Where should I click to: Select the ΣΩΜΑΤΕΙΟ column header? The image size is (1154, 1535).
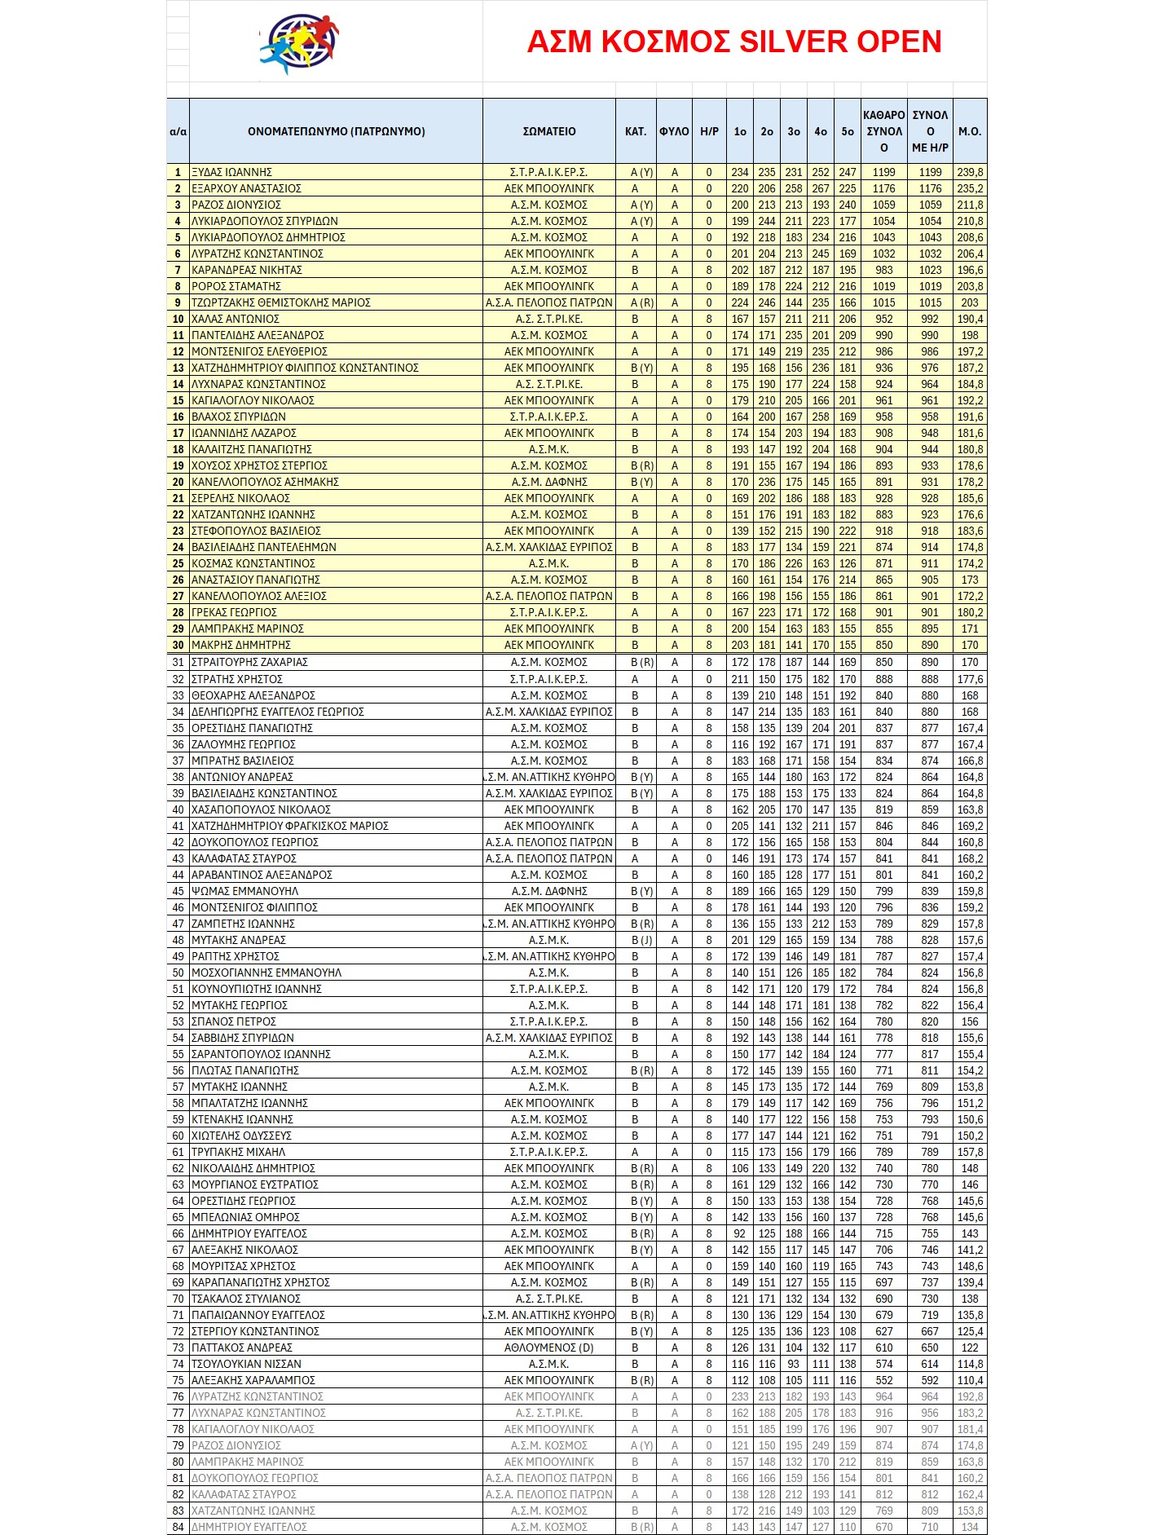(548, 131)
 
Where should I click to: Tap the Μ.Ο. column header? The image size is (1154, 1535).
(970, 131)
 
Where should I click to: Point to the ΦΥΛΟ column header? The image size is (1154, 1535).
(674, 131)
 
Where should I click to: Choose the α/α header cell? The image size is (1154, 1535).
(178, 131)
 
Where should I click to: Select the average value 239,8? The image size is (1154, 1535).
(970, 172)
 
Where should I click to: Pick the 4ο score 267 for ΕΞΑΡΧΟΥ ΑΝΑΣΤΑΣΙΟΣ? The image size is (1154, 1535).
(821, 188)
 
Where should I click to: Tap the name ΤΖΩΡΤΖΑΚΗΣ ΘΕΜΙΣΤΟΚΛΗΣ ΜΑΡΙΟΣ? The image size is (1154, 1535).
(281, 302)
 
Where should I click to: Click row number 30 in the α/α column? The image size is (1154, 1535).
(178, 645)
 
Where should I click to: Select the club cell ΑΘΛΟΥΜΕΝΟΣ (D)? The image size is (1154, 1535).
(548, 1348)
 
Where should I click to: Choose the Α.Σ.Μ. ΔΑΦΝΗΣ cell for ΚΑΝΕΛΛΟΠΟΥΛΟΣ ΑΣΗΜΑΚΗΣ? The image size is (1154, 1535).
(548, 482)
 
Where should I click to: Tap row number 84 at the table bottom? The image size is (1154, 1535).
(178, 1527)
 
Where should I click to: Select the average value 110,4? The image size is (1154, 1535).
(970, 1380)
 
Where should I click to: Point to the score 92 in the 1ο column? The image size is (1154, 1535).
(740, 1233)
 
